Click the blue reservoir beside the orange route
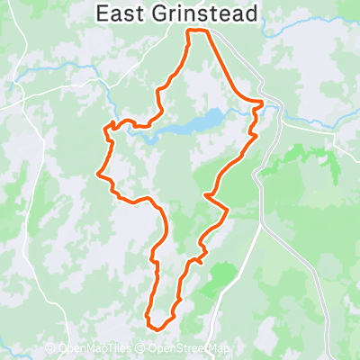click(203, 121)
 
